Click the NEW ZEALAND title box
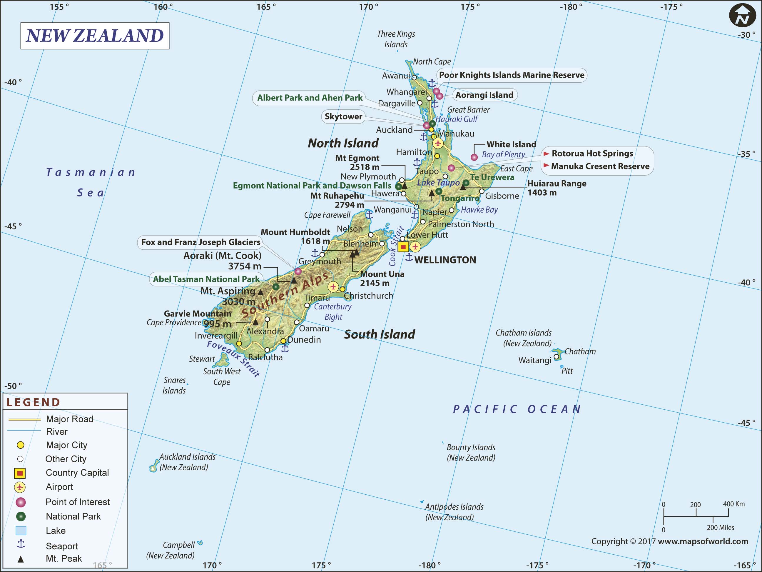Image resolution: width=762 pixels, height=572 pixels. [95, 36]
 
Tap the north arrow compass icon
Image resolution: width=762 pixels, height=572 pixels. [742, 16]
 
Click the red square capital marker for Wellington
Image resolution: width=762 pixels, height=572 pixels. [403, 247]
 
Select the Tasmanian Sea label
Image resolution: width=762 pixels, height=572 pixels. [91, 182]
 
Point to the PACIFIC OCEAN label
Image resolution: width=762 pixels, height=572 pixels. [517, 409]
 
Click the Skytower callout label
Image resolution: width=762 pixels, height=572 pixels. [343, 116]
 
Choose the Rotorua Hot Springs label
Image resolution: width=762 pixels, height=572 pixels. [592, 153]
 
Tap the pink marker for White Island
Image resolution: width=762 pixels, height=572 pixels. [474, 157]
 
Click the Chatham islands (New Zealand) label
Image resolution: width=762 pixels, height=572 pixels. [524, 338]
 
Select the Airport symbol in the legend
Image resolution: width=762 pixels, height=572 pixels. [20, 487]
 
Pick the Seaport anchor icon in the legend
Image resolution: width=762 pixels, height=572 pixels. [21, 544]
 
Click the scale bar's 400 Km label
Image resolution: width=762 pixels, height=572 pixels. [733, 504]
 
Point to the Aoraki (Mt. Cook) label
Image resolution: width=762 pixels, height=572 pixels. [222, 255]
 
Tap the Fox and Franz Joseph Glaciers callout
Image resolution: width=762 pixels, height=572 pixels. [200, 242]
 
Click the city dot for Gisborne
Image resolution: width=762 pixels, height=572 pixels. [482, 191]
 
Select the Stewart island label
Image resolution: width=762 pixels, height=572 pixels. [202, 359]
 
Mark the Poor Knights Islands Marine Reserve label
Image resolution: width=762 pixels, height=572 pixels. [512, 75]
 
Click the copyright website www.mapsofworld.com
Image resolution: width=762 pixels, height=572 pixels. [703, 541]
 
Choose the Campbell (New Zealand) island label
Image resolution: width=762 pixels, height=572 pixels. [171, 550]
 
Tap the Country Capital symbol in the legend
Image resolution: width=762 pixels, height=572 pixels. [20, 473]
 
